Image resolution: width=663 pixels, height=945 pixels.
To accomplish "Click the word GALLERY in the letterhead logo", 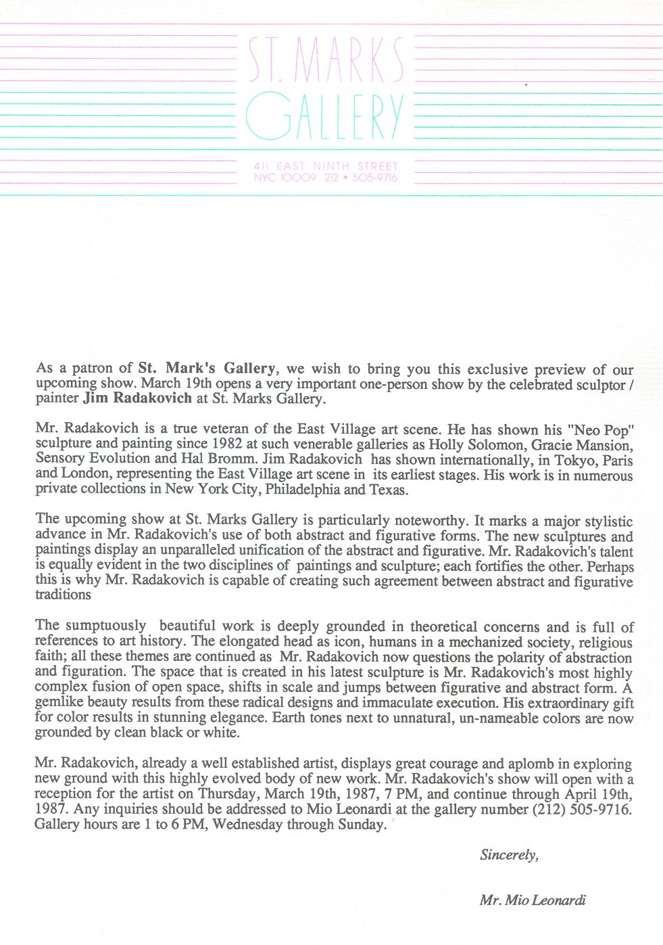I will tap(324, 116).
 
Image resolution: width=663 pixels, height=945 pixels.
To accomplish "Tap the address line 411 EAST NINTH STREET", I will tap(326, 166).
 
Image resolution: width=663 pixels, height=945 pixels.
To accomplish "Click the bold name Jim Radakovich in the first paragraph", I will tap(138, 398).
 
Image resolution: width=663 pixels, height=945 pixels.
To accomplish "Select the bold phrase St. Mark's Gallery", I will tap(207, 369).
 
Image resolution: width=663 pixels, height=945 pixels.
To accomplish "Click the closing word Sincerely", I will tap(509, 855).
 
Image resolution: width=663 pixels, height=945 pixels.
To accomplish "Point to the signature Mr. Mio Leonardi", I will tap(533, 900).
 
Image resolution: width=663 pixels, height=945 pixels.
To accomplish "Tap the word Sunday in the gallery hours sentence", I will tap(361, 825).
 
